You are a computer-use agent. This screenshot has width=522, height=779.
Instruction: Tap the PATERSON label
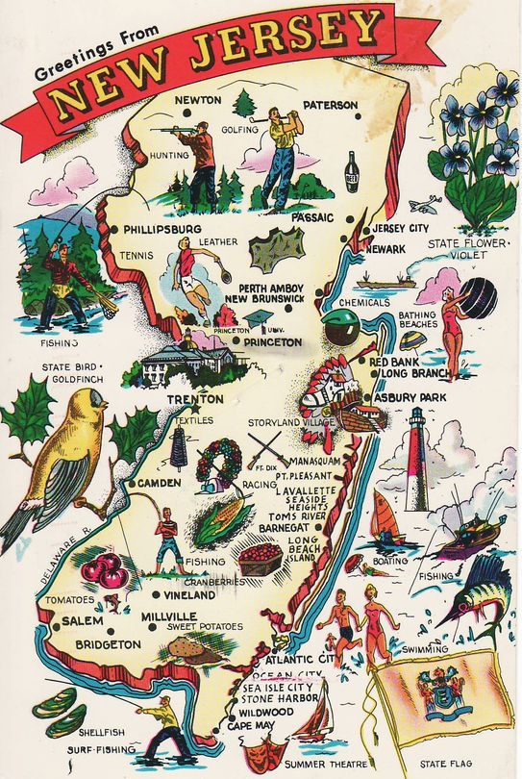point(329,105)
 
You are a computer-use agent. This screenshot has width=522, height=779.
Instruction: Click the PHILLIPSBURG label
point(162,230)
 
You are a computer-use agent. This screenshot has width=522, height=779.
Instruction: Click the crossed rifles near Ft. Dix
point(265,448)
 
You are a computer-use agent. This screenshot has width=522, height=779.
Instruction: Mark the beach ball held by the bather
point(478,298)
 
